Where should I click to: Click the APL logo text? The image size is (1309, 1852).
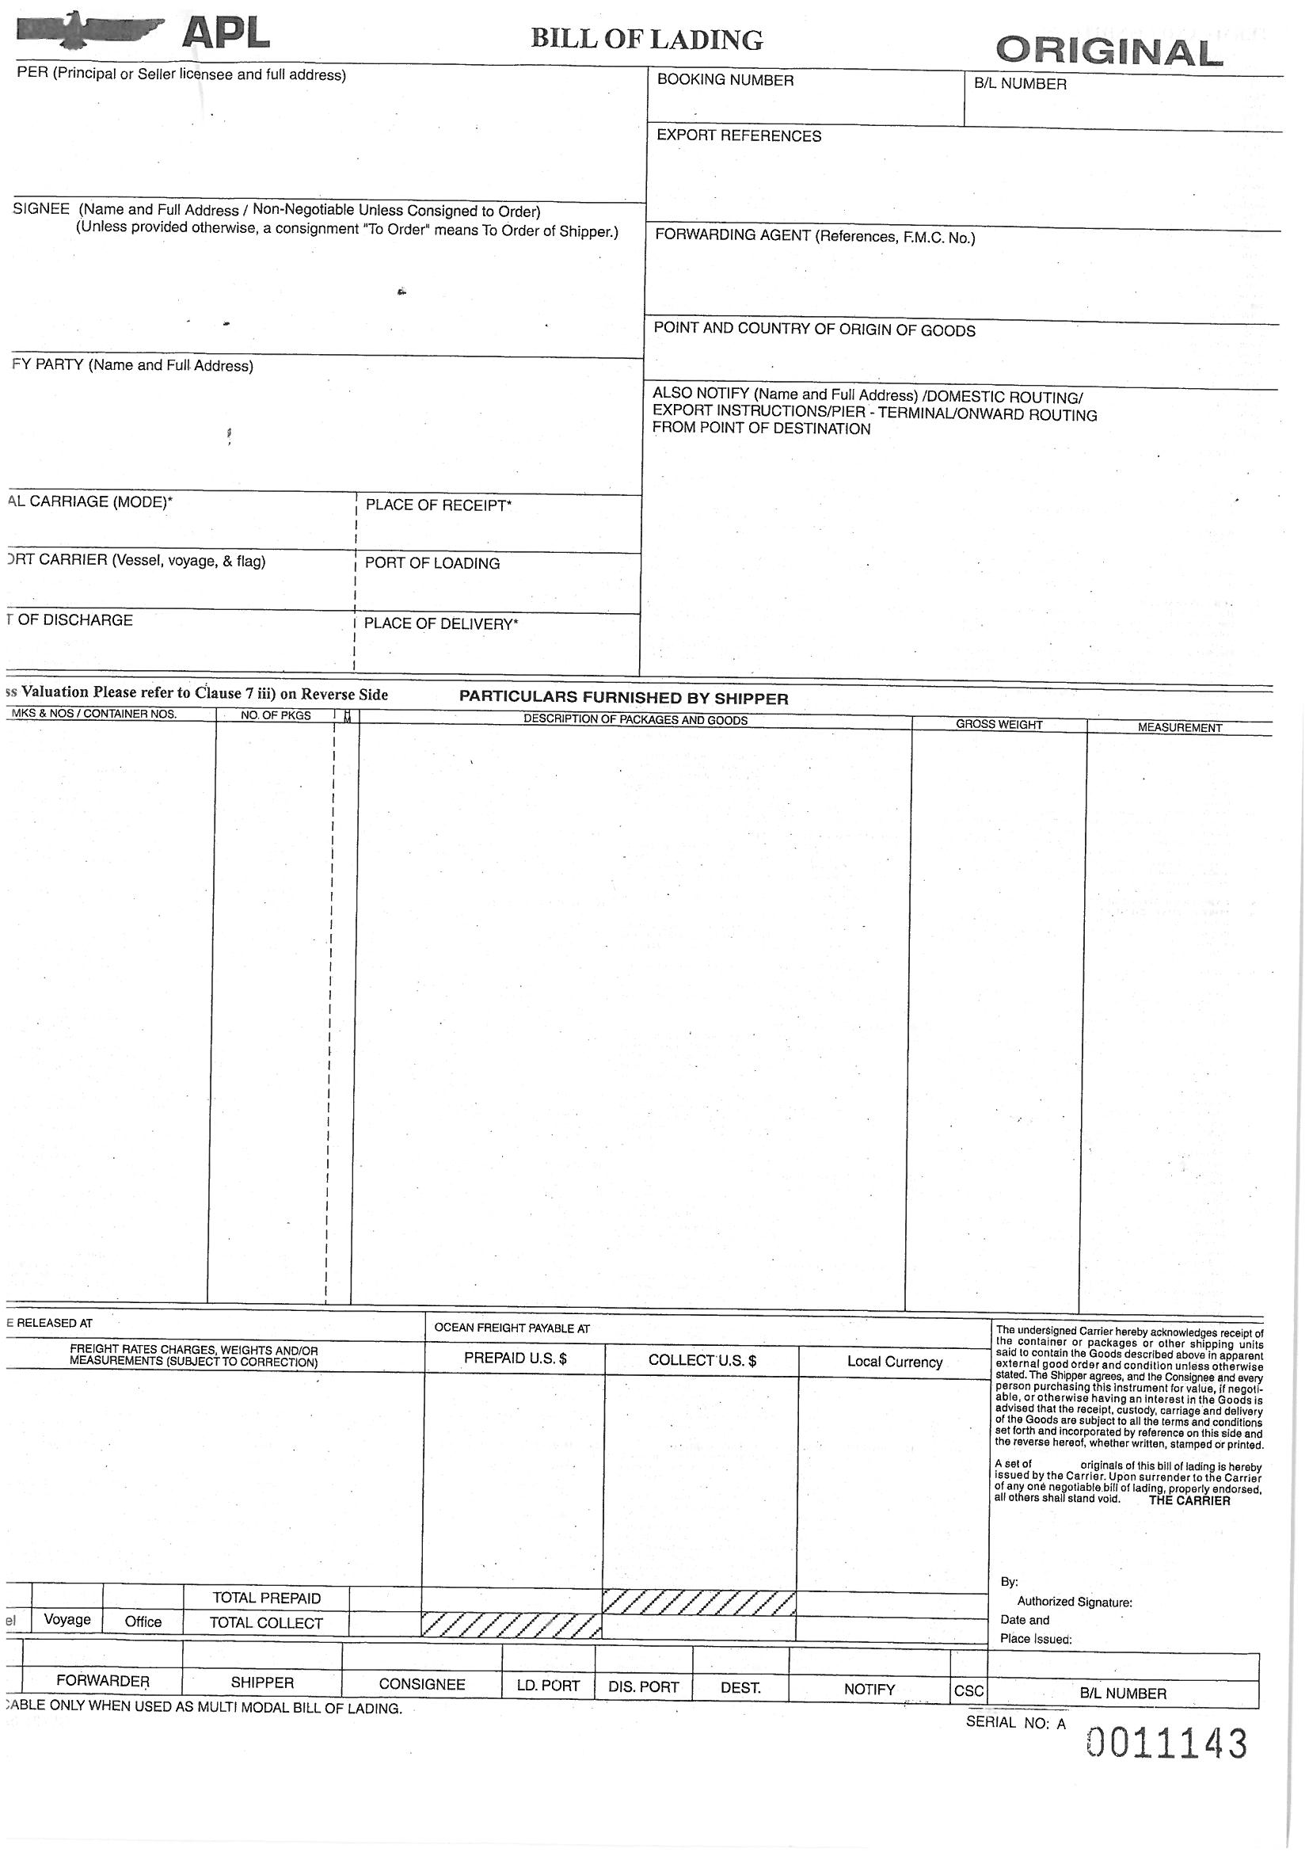(x=226, y=34)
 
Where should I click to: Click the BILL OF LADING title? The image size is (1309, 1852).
(x=646, y=40)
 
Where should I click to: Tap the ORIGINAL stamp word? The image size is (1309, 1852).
(x=1109, y=53)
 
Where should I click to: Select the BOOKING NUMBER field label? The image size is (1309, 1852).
(x=725, y=80)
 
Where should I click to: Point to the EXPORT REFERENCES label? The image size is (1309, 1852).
(x=738, y=135)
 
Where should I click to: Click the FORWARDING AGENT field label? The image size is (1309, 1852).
(x=815, y=237)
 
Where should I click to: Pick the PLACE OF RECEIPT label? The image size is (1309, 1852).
(x=438, y=505)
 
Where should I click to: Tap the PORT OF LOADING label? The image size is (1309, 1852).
(x=432, y=563)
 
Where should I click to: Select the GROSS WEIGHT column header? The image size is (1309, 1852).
(x=999, y=724)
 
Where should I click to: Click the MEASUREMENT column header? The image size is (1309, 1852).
(x=1179, y=727)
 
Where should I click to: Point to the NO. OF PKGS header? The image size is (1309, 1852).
(x=275, y=715)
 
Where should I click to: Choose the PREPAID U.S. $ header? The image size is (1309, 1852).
(x=515, y=1358)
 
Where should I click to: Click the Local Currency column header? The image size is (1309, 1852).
(x=893, y=1362)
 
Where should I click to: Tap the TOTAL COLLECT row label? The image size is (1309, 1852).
(x=265, y=1623)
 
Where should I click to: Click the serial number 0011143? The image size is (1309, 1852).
(x=1166, y=1744)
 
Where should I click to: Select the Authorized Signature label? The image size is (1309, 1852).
(x=1074, y=1602)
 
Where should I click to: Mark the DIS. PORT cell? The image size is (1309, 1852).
(x=643, y=1686)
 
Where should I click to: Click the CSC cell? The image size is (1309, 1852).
(x=968, y=1690)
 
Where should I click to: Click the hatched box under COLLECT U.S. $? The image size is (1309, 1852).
(x=699, y=1602)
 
